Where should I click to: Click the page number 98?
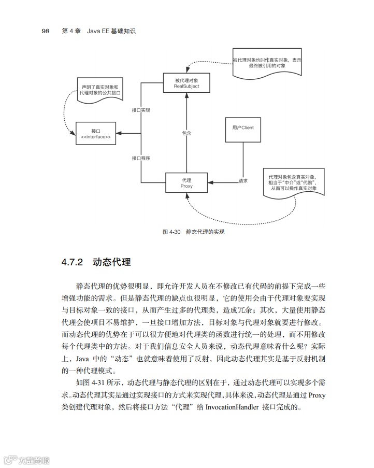pyautogui.click(x=45, y=31)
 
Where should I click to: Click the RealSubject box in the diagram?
pyautogui.click(x=186, y=83)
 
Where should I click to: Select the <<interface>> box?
pyautogui.click(x=96, y=134)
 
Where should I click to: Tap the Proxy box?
pyautogui.click(x=186, y=182)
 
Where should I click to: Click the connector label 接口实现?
pyautogui.click(x=140, y=110)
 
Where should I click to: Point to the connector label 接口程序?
pyautogui.click(x=140, y=158)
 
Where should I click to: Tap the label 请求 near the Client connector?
pyautogui.click(x=243, y=181)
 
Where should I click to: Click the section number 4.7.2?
pyautogui.click(x=72, y=262)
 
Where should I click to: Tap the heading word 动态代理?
pyautogui.click(x=111, y=262)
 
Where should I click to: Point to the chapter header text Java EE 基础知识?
pyautogui.click(x=111, y=31)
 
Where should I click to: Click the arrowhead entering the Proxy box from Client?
pyautogui.click(x=210, y=182)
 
